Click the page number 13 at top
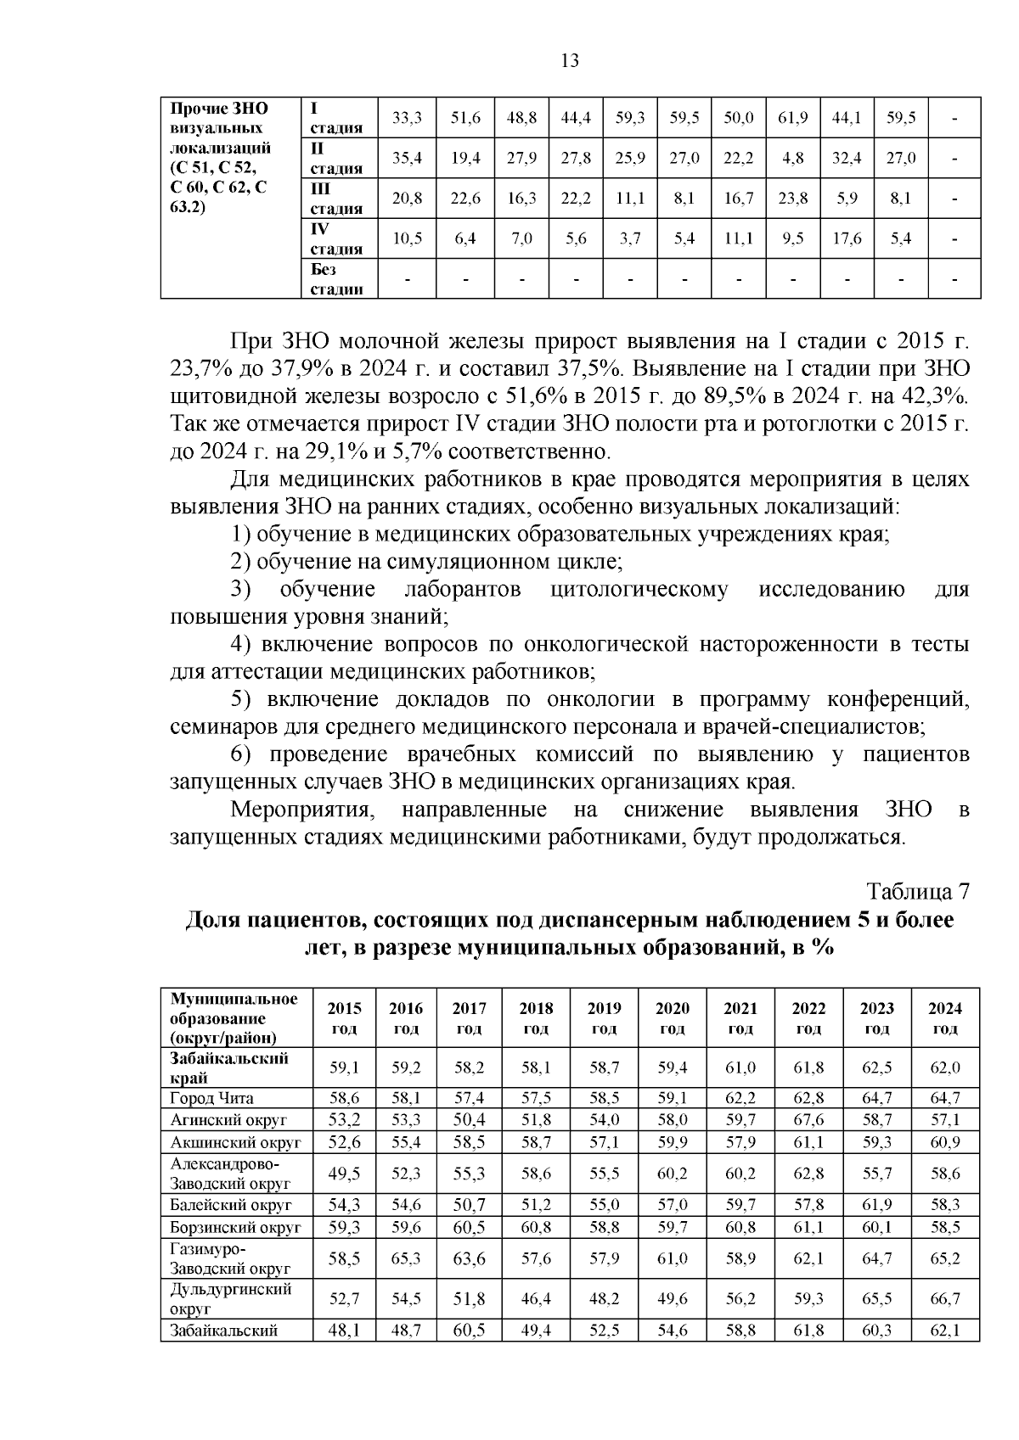click(x=570, y=61)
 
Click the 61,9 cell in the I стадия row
click(x=792, y=118)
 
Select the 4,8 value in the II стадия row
click(x=792, y=158)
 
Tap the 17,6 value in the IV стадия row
click(x=847, y=239)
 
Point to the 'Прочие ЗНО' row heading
click(x=219, y=109)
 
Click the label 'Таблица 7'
click(x=917, y=892)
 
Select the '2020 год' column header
click(x=672, y=1018)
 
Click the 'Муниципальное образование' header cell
click(x=234, y=1018)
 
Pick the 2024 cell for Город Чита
click(x=944, y=1098)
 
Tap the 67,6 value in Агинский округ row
click(x=808, y=1120)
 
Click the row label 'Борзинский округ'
click(x=235, y=1227)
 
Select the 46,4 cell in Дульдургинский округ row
click(x=536, y=1299)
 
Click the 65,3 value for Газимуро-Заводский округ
click(x=406, y=1259)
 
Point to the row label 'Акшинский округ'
click(x=235, y=1142)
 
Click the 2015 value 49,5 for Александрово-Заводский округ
click(x=344, y=1174)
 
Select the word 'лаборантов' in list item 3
click(x=463, y=590)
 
